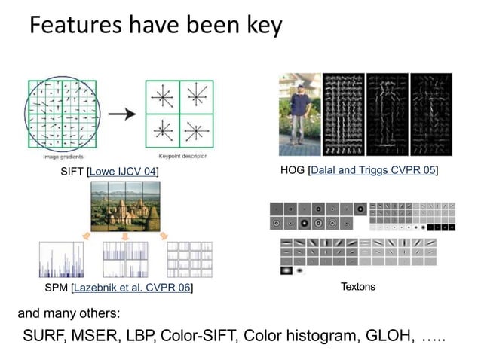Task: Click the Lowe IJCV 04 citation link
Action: click(x=122, y=172)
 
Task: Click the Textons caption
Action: click(x=357, y=287)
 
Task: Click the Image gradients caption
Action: click(x=63, y=156)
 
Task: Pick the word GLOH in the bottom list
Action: click(x=388, y=336)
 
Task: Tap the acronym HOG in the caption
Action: click(x=293, y=170)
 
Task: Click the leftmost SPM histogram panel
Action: click(x=60, y=260)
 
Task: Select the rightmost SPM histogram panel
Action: click(x=188, y=260)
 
